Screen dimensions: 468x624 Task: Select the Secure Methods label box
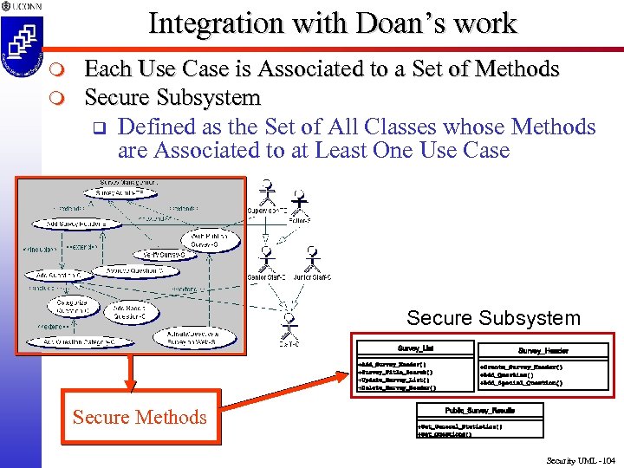click(x=140, y=417)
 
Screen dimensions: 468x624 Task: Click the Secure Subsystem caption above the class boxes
click(x=493, y=318)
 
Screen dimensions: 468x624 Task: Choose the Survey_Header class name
click(x=543, y=350)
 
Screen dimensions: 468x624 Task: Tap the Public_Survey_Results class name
click(x=480, y=409)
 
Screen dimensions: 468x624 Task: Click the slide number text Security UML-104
click(x=579, y=460)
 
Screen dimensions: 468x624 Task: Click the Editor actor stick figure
click(x=299, y=205)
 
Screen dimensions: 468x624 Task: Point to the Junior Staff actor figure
click(x=312, y=261)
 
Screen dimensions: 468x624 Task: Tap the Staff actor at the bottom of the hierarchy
click(x=289, y=328)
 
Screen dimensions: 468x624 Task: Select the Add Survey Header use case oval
click(x=74, y=223)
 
